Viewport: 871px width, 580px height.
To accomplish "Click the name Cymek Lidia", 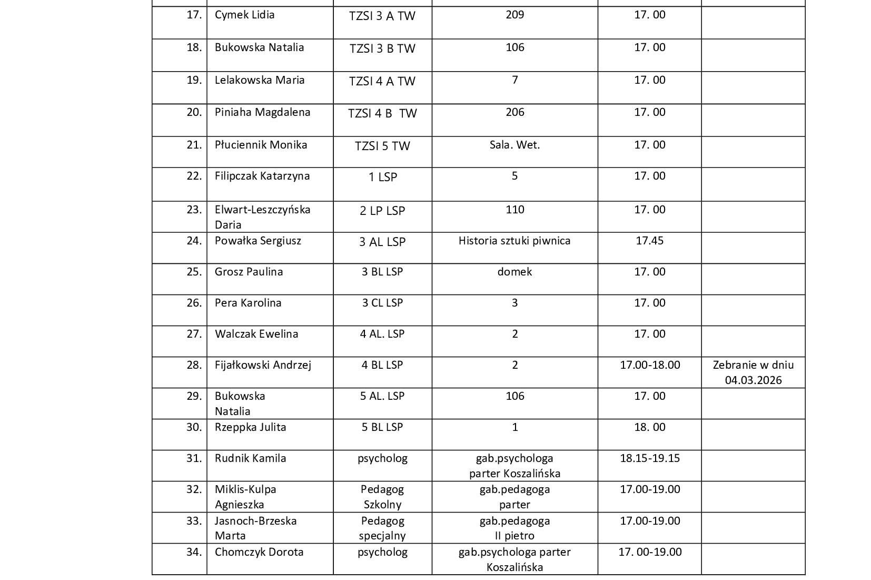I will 244,15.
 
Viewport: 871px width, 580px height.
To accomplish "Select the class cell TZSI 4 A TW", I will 382,81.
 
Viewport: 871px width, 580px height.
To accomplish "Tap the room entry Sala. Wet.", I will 514,145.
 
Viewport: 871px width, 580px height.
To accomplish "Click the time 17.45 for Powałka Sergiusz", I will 649,241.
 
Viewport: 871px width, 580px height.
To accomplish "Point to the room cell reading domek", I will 514,272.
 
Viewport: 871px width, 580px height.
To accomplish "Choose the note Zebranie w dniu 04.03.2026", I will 753,372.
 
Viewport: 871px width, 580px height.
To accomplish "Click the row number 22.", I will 194,176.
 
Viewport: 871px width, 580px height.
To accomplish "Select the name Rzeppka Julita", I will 250,427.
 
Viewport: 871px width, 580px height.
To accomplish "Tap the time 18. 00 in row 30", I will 649,427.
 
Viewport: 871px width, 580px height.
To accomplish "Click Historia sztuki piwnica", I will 514,241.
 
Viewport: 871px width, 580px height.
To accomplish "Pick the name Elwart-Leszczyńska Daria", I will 262,217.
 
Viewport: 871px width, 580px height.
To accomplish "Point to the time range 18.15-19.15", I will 650,458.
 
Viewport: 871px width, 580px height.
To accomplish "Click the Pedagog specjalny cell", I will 382,528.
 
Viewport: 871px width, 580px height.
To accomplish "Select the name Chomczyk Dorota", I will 259,552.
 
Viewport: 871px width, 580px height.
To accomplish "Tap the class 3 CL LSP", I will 382,303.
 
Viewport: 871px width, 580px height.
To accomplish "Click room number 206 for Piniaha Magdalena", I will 514,112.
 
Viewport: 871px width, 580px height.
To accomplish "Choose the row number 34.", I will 194,552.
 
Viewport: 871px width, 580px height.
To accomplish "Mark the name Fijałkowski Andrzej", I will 263,365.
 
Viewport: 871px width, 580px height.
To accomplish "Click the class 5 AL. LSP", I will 382,396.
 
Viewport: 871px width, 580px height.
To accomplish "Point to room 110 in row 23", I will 514,210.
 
